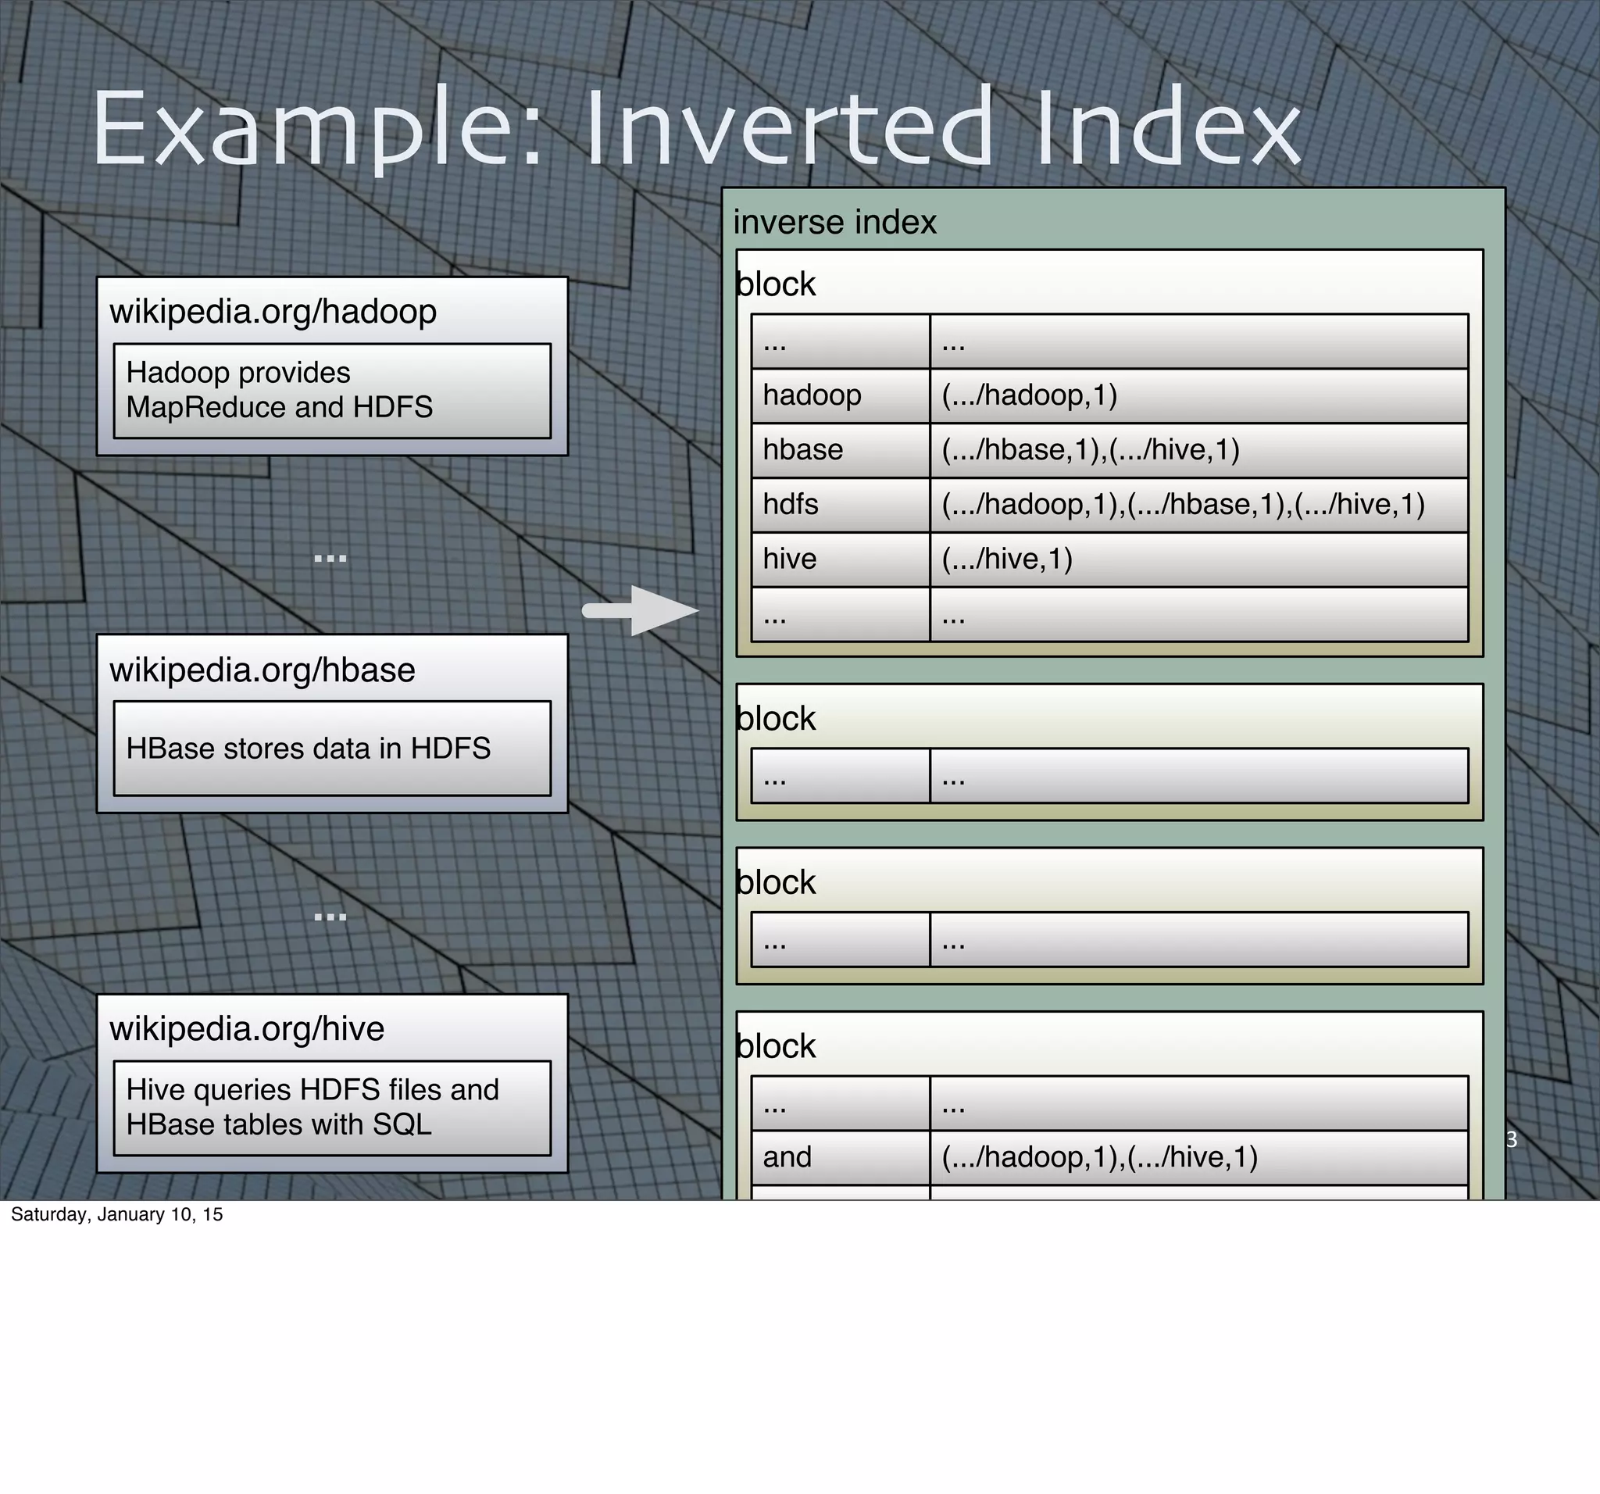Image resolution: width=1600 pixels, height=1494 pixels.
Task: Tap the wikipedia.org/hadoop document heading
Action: click(x=273, y=312)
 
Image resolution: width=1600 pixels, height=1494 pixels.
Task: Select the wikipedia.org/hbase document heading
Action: click(x=262, y=670)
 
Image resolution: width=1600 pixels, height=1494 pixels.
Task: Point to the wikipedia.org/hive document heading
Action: click(x=247, y=1029)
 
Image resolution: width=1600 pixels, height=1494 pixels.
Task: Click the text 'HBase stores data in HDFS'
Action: click(x=309, y=749)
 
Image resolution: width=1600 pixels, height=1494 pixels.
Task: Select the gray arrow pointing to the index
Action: click(x=640, y=610)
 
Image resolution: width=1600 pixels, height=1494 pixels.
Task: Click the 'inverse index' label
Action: click(x=834, y=222)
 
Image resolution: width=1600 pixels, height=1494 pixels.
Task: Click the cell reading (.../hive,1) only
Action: click(x=1007, y=559)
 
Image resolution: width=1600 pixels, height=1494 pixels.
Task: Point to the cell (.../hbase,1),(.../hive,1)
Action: click(x=1091, y=450)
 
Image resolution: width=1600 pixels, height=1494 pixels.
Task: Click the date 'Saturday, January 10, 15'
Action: click(x=116, y=1214)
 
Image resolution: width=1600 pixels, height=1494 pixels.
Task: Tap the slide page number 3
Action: click(x=1511, y=1140)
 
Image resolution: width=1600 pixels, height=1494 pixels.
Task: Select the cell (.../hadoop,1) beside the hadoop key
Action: click(x=1030, y=395)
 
